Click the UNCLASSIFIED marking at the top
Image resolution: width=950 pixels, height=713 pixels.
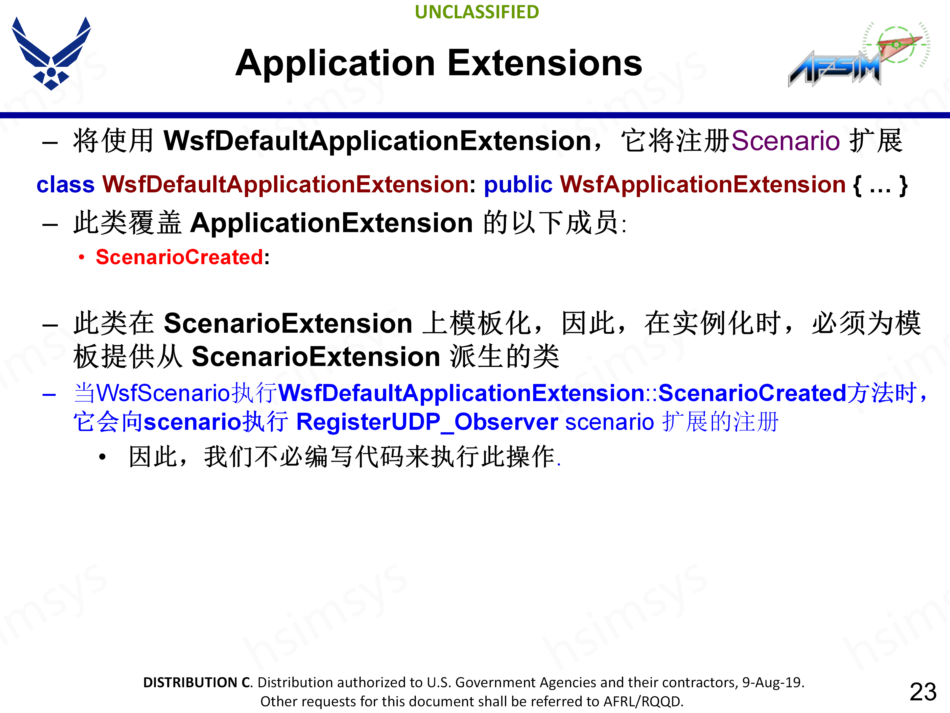click(477, 12)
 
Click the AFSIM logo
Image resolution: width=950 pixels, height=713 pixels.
click(858, 54)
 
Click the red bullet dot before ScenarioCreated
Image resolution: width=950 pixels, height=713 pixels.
click(82, 257)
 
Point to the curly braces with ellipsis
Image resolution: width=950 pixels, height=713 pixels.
click(880, 185)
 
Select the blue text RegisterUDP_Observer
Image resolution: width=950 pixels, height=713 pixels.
click(427, 422)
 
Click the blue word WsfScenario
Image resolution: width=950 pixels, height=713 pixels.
click(164, 393)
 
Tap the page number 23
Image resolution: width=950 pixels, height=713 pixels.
click(923, 692)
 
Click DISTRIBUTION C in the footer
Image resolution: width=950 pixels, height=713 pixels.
click(198, 683)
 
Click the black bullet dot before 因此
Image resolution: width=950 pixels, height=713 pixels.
click(102, 457)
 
